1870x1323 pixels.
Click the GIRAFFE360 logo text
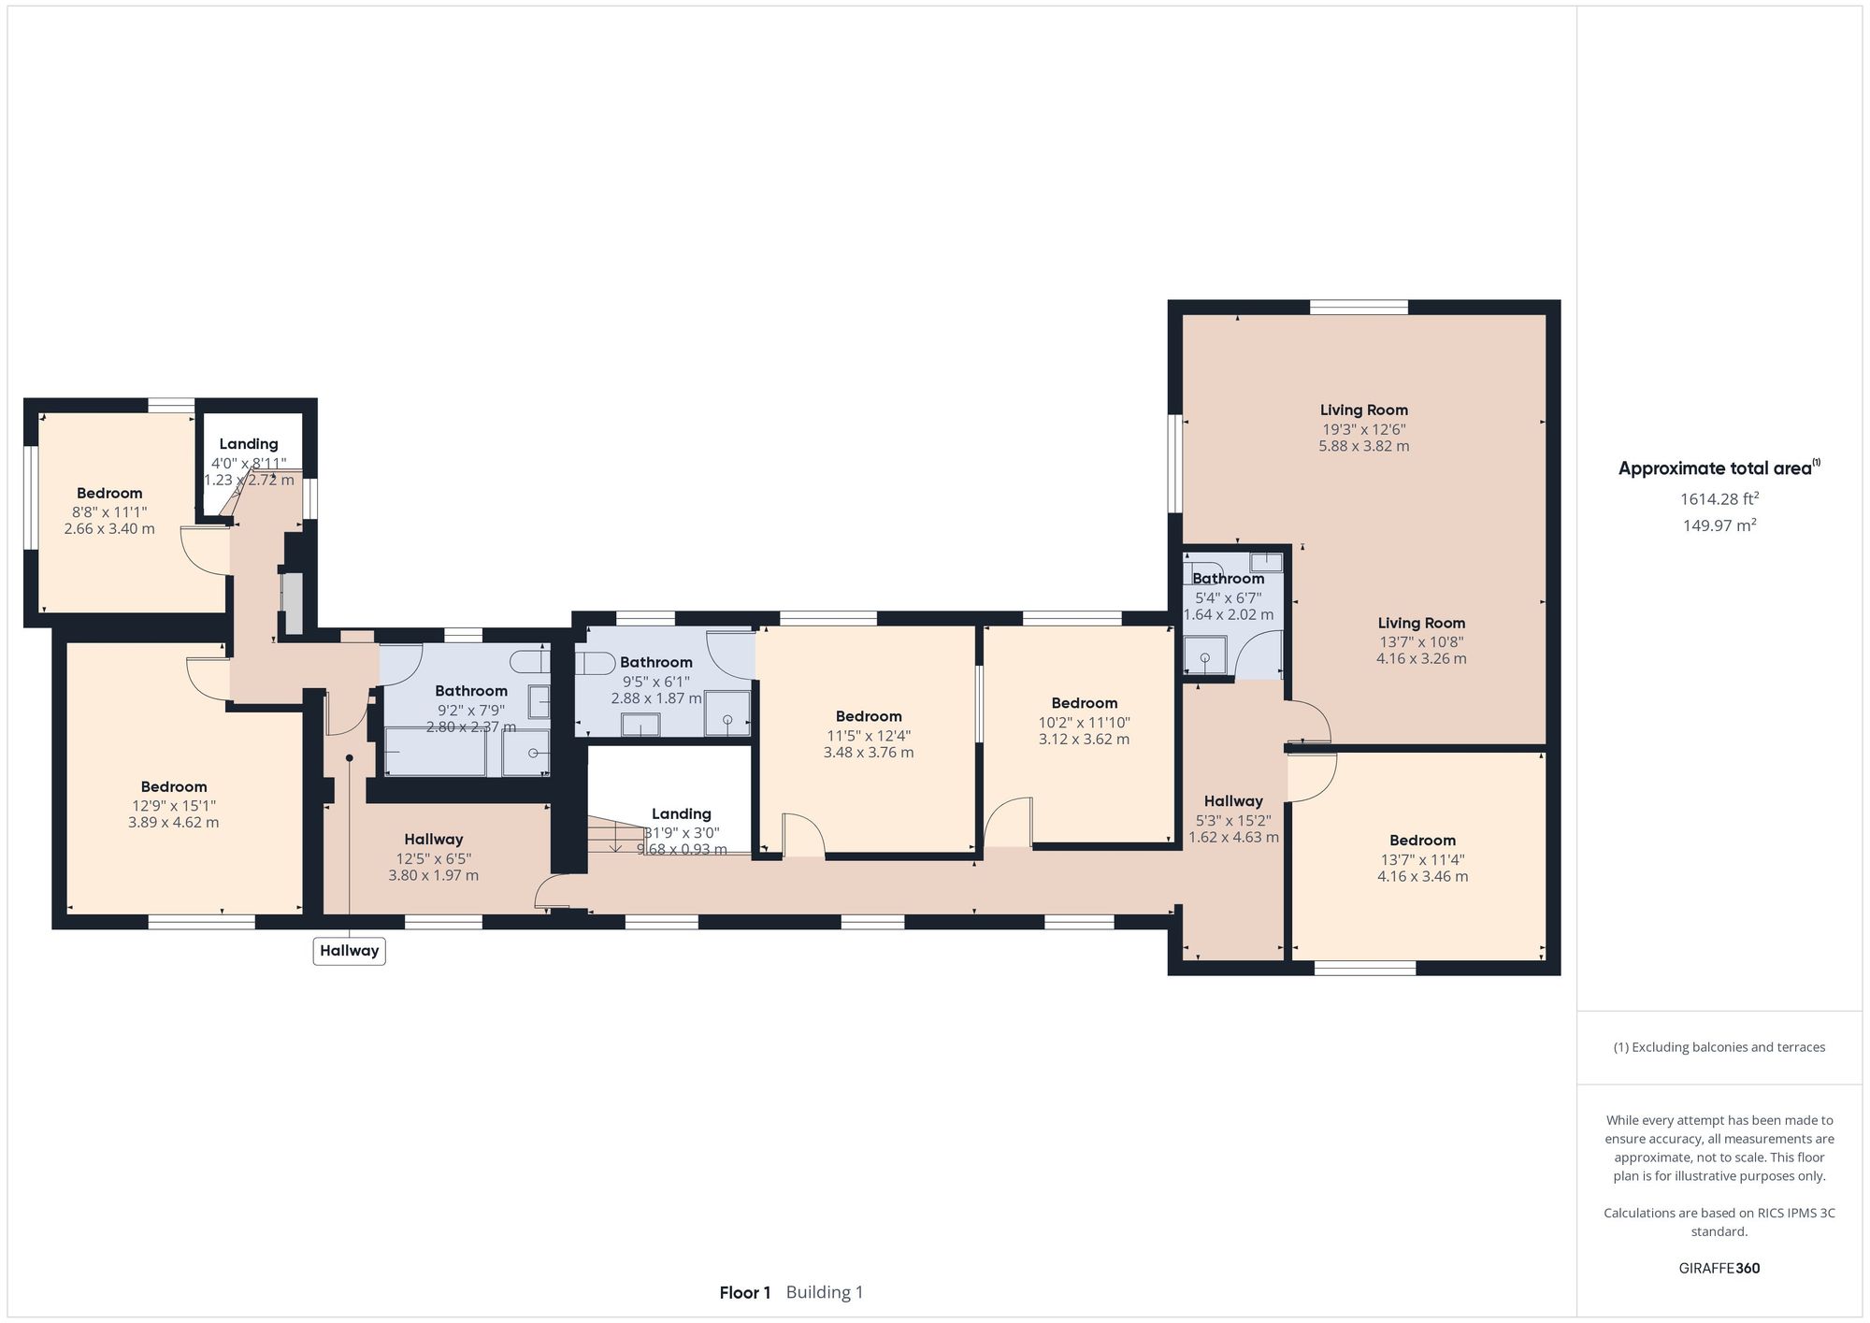tap(1719, 1269)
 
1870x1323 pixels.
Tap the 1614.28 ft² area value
tap(1719, 499)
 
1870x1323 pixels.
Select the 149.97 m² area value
tap(1719, 525)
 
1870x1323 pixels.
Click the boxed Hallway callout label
tap(350, 951)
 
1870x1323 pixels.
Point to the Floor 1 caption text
tap(744, 1293)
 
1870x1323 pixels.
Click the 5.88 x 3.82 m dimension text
tap(1363, 446)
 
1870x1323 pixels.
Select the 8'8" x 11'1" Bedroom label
tap(109, 493)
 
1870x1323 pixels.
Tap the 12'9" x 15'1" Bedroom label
tap(174, 787)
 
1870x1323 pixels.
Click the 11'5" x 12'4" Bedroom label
tap(869, 717)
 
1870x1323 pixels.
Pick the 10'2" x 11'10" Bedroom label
tap(1084, 704)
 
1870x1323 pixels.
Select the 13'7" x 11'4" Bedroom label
tap(1422, 841)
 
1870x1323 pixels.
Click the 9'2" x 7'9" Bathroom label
tap(471, 692)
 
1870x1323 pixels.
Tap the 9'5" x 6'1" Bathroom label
tap(656, 663)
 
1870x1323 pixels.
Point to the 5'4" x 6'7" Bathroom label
tap(1228, 580)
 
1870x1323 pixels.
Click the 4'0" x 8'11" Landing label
tap(249, 445)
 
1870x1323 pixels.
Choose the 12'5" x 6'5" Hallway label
tap(433, 840)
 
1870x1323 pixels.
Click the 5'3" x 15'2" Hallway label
tap(1233, 801)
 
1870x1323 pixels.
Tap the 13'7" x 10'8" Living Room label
tap(1421, 624)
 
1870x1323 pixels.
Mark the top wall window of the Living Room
tap(1359, 307)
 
